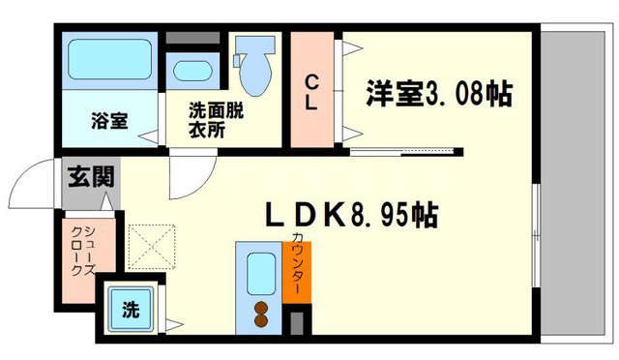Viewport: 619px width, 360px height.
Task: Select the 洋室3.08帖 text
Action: [x=437, y=94]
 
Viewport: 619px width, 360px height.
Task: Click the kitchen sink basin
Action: [x=258, y=270]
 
